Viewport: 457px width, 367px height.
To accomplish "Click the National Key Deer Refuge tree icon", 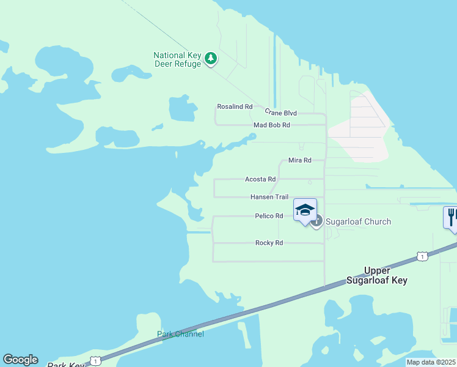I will pyautogui.click(x=211, y=59).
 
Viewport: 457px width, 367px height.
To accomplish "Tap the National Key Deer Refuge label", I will pyautogui.click(x=177, y=59).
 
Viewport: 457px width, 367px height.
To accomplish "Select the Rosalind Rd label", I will pyautogui.click(x=235, y=106).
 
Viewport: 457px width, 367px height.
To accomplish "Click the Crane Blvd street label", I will pyautogui.click(x=280, y=113).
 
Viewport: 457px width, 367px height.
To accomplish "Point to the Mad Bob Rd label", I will pyautogui.click(x=272, y=125).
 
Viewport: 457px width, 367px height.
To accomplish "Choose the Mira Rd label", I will pyautogui.click(x=299, y=160).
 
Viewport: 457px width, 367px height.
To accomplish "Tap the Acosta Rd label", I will pyautogui.click(x=260, y=179).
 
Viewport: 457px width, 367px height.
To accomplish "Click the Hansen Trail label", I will pyautogui.click(x=269, y=197).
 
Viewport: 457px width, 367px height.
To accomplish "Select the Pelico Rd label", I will pyautogui.click(x=269, y=216).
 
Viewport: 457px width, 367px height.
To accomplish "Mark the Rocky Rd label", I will pyautogui.click(x=269, y=243).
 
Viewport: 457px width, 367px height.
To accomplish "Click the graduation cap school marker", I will pyautogui.click(x=305, y=210).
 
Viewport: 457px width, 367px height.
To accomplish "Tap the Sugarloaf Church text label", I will pyautogui.click(x=358, y=221).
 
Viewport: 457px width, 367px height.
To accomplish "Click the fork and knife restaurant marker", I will pyautogui.click(x=452, y=217).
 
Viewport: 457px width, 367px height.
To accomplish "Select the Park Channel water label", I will pyautogui.click(x=180, y=334).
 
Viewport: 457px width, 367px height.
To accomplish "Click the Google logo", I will pyautogui.click(x=20, y=360).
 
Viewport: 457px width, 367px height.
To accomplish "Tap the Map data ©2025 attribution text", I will pyautogui.click(x=431, y=362).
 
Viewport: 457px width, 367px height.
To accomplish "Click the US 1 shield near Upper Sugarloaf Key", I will pyautogui.click(x=422, y=256).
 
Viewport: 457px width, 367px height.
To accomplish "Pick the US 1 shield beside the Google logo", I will pyautogui.click(x=95, y=360).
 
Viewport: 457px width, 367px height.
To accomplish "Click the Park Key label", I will pyautogui.click(x=66, y=365).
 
